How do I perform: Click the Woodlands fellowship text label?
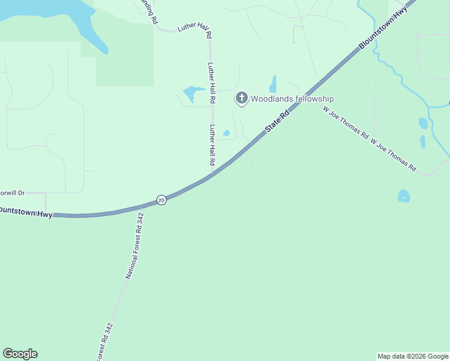point(292,99)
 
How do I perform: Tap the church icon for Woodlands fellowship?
point(241,97)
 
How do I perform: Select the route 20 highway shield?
point(161,200)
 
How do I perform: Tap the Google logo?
point(20,354)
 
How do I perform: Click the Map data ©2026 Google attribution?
point(413,356)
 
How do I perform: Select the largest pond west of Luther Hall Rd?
point(193,93)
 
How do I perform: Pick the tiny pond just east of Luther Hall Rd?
point(226,133)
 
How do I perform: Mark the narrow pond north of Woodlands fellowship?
point(273,84)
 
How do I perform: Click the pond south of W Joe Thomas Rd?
point(404,196)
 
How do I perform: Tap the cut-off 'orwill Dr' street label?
point(12,193)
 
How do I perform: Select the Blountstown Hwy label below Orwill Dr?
point(26,212)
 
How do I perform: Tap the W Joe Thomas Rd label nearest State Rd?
point(345,123)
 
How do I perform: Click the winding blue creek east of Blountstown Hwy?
point(397,75)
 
